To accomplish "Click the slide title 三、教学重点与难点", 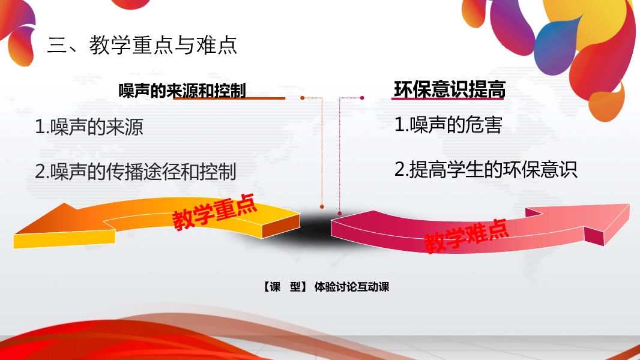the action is [142, 45].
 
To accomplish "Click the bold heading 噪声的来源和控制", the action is [182, 91].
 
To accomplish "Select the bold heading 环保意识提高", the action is [450, 89].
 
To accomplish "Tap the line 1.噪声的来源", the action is [89, 127].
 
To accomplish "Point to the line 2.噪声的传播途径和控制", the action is [136, 171].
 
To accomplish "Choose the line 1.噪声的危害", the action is [448, 124].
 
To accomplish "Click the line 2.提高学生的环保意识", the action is [486, 169].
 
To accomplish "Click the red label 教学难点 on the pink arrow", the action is [466, 236].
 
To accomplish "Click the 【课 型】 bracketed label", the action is [285, 287].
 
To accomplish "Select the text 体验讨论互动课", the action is [351, 287].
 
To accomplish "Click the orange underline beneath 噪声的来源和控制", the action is [229, 98].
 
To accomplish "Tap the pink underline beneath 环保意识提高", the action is [448, 98].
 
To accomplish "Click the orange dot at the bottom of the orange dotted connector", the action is [322, 207].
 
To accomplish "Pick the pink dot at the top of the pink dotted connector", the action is [362, 98].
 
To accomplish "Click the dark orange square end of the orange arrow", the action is [281, 226].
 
